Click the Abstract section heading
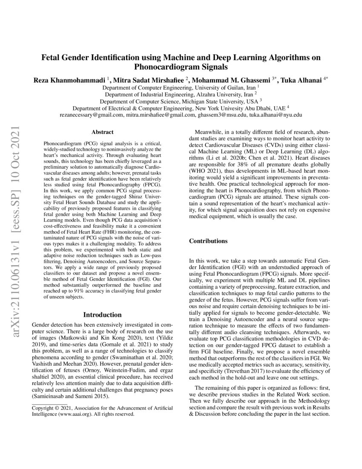103,133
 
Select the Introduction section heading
103,315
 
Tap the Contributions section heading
208,241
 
